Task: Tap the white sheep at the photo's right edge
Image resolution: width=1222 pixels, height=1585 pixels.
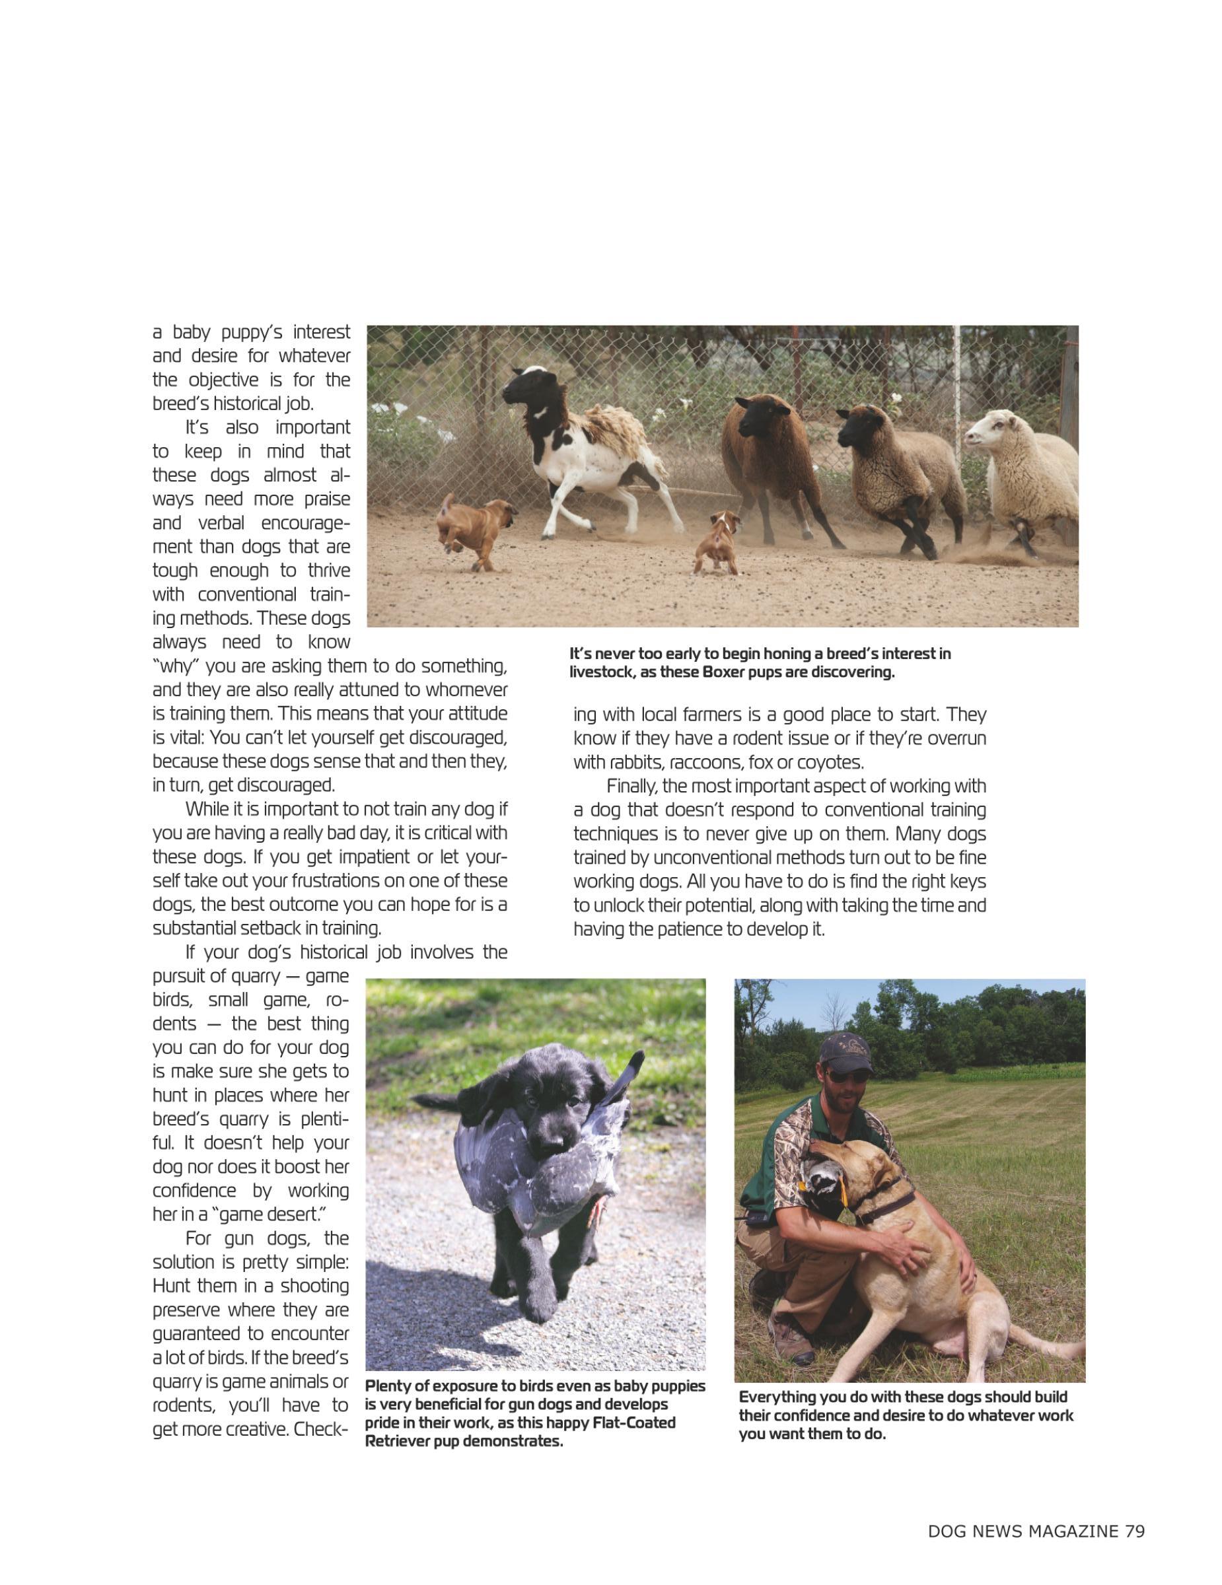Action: click(x=1023, y=464)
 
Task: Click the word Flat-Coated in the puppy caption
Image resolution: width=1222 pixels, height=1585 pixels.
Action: click(x=633, y=1423)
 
